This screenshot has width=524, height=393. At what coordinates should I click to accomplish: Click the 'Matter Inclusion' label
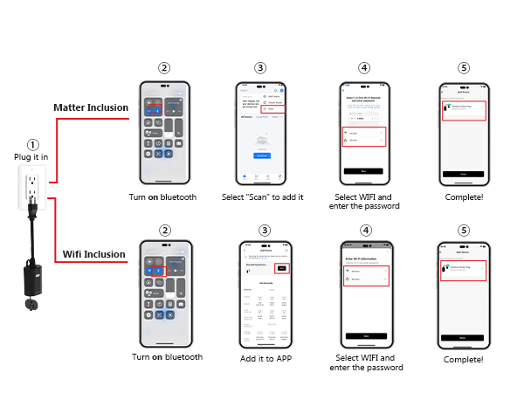coord(91,108)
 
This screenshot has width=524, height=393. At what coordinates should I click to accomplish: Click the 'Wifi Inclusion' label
coord(93,254)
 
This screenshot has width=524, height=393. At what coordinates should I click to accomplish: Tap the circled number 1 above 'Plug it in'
coord(32,145)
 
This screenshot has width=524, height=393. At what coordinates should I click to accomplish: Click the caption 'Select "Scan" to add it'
coord(261,198)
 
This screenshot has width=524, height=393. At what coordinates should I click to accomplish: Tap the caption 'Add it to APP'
coord(265,358)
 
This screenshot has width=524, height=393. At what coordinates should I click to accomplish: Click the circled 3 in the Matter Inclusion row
coord(260,67)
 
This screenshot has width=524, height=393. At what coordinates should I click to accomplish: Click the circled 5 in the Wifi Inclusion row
coord(463,229)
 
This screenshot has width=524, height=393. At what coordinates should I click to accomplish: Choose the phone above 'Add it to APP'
coord(265,293)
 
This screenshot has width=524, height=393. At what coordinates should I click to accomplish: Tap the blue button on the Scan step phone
coord(260,155)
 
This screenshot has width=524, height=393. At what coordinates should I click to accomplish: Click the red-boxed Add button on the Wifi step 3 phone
coord(281,268)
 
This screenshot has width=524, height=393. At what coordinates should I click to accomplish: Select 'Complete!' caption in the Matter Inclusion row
coord(463,197)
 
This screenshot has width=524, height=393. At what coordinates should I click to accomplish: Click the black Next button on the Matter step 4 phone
coord(363,170)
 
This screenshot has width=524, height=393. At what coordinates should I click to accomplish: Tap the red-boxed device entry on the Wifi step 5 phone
coord(463,267)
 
